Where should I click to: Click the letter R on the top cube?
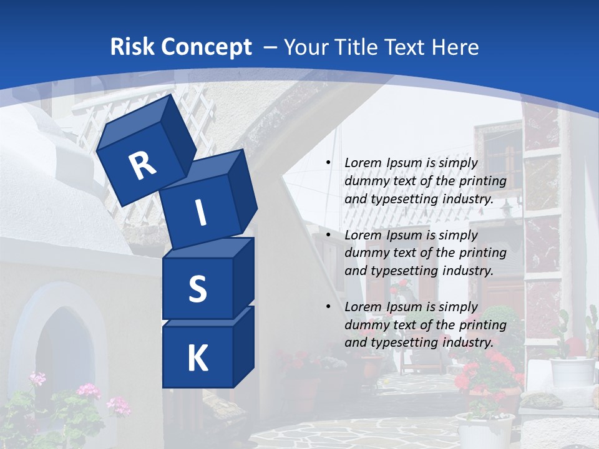(143, 166)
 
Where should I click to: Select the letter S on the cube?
(198, 289)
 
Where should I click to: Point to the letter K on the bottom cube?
(198, 359)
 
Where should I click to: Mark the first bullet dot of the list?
(328, 163)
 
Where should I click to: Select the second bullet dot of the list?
(328, 235)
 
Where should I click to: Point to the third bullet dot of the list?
(328, 307)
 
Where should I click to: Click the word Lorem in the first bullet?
(363, 163)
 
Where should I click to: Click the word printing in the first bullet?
(483, 181)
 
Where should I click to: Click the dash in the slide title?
(270, 47)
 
